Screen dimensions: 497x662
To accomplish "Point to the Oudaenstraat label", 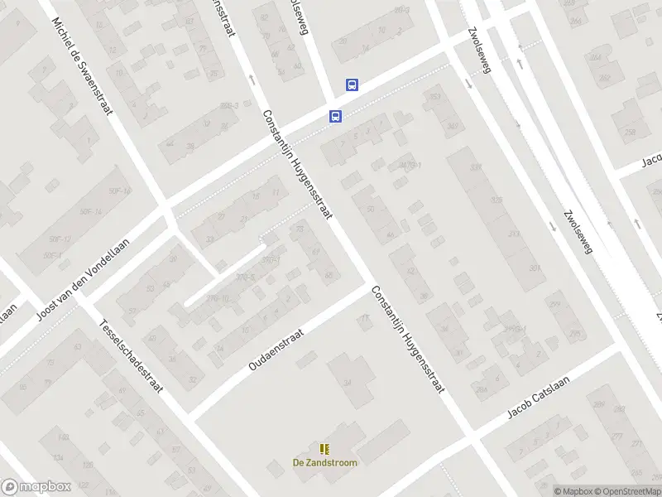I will [x=276, y=349].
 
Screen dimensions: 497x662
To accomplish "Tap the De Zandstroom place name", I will [x=325, y=463].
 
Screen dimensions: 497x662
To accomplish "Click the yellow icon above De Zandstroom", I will [x=325, y=449].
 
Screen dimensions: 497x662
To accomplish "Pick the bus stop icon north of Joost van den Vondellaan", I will [x=352, y=84].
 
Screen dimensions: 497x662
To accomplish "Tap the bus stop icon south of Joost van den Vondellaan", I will [x=335, y=116].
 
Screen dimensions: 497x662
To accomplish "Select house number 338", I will [x=476, y=168].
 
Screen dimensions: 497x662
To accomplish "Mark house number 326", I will [x=496, y=200].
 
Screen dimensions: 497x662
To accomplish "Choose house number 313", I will [x=514, y=234].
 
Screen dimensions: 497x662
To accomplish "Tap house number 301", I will [x=535, y=268].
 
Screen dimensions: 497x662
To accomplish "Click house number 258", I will [x=630, y=133].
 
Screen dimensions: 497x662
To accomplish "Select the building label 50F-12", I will [x=60, y=239].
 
